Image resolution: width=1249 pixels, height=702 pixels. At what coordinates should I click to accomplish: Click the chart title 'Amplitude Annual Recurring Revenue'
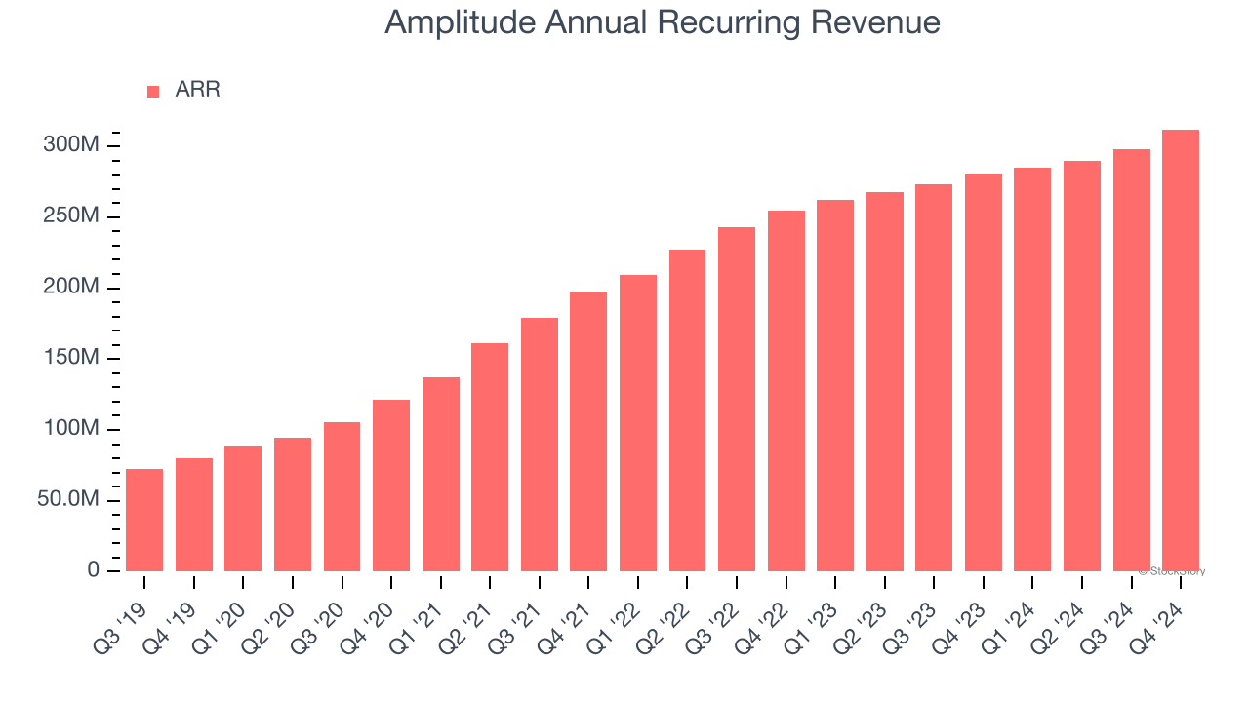[663, 22]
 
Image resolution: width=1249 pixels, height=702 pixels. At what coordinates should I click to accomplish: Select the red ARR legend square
[153, 92]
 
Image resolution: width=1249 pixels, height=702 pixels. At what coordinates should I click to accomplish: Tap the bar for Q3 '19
[144, 520]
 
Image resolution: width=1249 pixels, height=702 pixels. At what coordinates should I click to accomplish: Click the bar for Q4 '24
[1181, 350]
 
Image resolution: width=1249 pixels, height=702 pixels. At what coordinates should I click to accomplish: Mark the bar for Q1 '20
[243, 508]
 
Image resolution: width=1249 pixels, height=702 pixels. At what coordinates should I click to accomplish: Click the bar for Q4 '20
[391, 485]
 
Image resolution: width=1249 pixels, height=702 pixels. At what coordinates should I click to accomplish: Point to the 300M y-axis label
[70, 145]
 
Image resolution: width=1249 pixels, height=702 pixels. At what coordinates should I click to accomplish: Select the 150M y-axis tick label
[70, 358]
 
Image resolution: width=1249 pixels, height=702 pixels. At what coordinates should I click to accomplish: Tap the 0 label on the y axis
[93, 570]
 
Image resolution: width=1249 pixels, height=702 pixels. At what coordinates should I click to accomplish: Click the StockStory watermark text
[1173, 571]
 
